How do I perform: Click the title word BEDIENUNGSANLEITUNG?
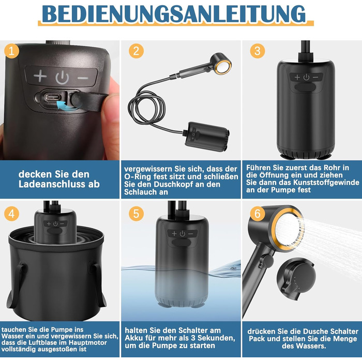click(x=174, y=14)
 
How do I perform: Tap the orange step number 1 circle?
click(x=11, y=51)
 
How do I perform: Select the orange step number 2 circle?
click(x=136, y=51)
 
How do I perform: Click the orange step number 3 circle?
click(x=258, y=51)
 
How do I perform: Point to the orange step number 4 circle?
click(x=11, y=214)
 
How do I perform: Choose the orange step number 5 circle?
click(x=136, y=214)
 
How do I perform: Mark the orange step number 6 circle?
click(x=258, y=214)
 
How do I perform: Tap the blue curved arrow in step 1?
click(x=66, y=105)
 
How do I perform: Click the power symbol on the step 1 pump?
click(x=62, y=78)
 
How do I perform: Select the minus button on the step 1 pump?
click(x=83, y=78)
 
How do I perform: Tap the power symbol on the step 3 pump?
click(x=306, y=78)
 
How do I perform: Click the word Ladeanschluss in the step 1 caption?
click(x=51, y=184)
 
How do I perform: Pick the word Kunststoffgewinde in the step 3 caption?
click(x=326, y=183)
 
